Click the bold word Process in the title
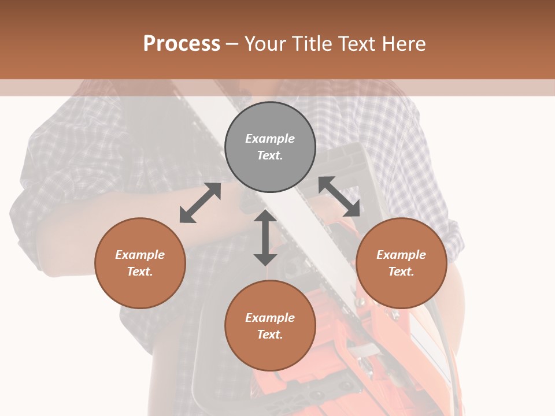[x=182, y=44]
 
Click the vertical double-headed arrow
[x=265, y=237]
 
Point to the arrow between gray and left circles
[x=200, y=203]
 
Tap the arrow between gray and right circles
[x=339, y=196]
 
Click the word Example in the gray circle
[x=270, y=139]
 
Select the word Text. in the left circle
[x=140, y=272]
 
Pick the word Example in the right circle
[x=401, y=255]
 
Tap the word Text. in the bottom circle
[x=270, y=335]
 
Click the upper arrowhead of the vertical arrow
[x=265, y=216]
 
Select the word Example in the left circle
[x=140, y=255]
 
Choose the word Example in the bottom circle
[x=270, y=318]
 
